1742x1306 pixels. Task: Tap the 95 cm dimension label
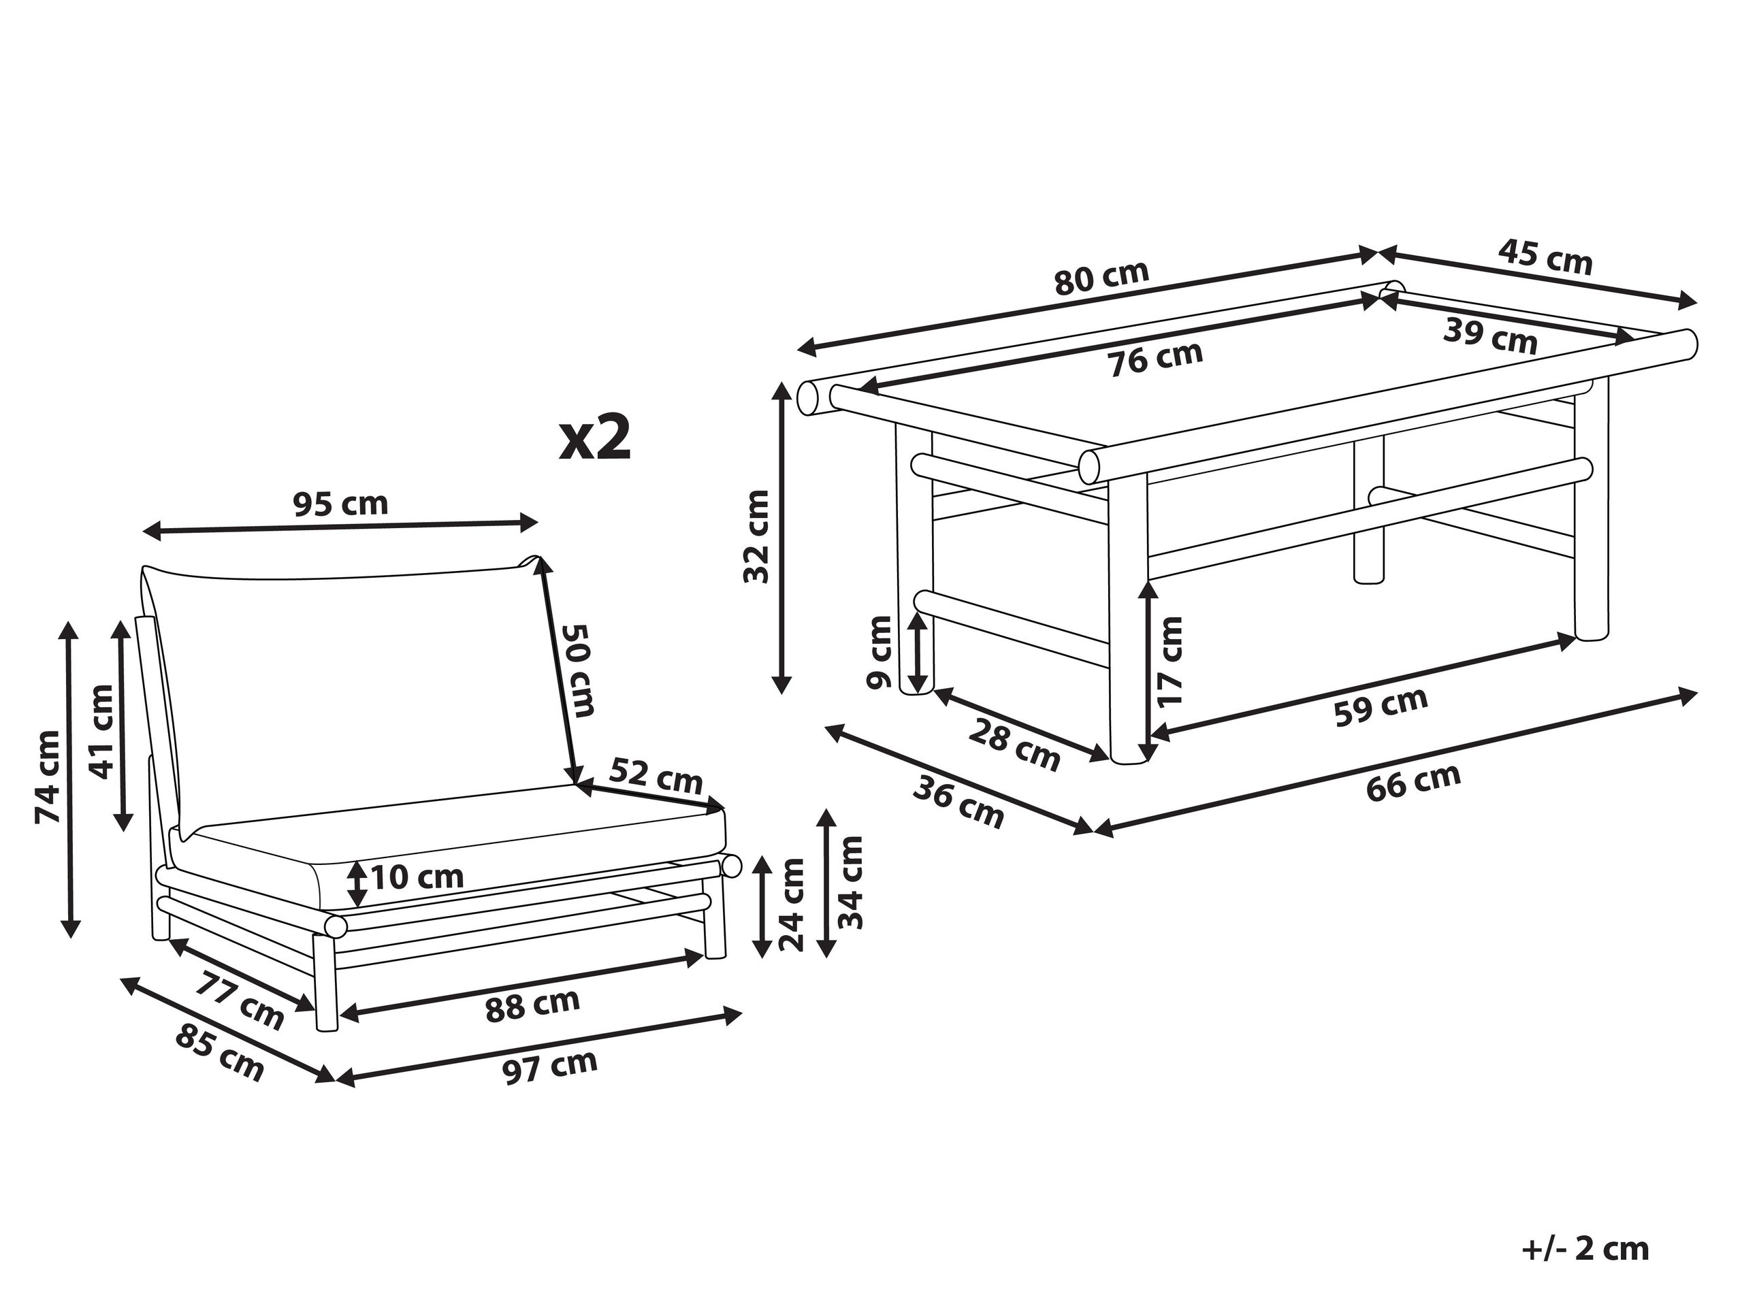pyautogui.click(x=341, y=503)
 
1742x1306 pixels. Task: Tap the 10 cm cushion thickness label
pyautogui.click(x=417, y=876)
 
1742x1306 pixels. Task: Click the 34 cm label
pyautogui.click(x=850, y=882)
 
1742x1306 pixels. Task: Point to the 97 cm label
pyautogui.click(x=551, y=1066)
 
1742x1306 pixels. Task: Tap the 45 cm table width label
pyautogui.click(x=1545, y=257)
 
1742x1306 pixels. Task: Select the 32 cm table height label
pyautogui.click(x=757, y=536)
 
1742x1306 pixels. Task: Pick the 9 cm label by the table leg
pyautogui.click(x=879, y=653)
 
